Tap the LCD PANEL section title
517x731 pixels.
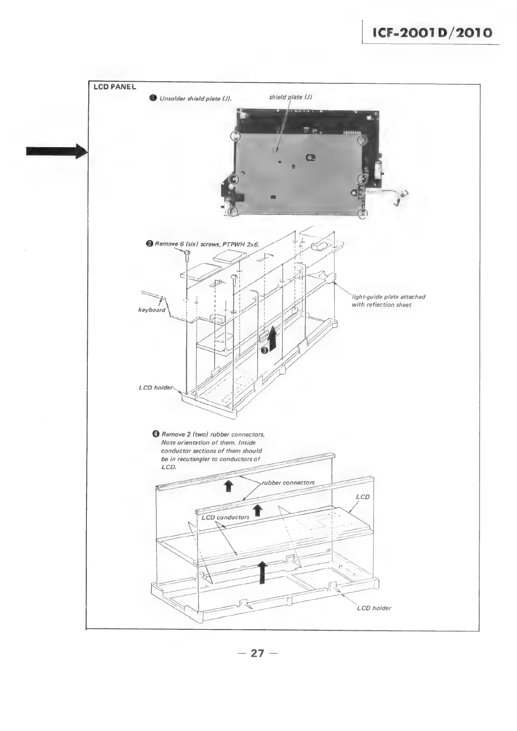115,87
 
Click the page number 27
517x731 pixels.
258,653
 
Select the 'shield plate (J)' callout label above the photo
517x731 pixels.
290,97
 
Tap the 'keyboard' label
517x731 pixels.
151,310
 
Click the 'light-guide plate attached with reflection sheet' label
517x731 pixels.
388,301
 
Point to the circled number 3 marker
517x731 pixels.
264,351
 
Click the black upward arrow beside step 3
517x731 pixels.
272,339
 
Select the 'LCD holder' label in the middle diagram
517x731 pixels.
156,387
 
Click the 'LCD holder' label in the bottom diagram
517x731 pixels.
374,608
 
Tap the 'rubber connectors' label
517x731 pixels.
288,482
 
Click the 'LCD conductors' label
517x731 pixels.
225,517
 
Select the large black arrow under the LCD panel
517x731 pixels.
262,572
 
